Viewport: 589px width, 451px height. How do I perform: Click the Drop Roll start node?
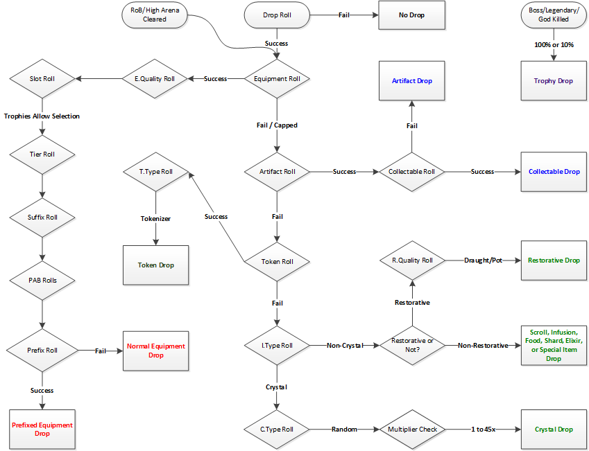click(277, 15)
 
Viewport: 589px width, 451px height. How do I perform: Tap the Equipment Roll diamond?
click(277, 79)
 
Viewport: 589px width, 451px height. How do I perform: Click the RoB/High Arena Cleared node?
click(155, 15)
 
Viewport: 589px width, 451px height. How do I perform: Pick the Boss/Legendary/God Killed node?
click(554, 15)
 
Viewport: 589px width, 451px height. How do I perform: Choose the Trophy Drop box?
click(554, 81)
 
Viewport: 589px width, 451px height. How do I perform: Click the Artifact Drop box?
click(412, 81)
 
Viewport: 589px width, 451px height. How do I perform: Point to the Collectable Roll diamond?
click(412, 172)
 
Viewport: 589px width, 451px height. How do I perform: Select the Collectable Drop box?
click(554, 172)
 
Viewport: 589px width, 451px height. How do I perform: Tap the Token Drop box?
click(156, 265)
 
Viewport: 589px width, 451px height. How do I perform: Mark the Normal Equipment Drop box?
click(156, 351)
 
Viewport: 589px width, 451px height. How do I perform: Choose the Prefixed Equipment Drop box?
click(42, 429)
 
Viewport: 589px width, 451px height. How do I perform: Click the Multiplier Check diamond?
click(412, 430)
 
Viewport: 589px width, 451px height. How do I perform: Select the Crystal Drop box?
click(554, 430)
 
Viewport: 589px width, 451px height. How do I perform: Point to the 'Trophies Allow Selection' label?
click(42, 116)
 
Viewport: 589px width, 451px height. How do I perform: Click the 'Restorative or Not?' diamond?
click(412, 345)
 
